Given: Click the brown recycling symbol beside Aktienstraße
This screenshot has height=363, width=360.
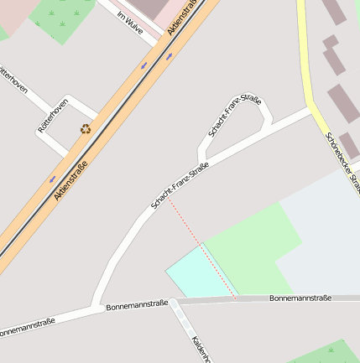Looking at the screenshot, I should coord(85,129).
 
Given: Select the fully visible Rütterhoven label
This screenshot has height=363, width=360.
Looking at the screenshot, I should coord(52,117).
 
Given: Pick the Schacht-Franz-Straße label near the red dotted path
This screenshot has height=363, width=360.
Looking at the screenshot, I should coord(179,186).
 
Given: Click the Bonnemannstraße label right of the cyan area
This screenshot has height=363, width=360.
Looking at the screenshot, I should coord(300,298).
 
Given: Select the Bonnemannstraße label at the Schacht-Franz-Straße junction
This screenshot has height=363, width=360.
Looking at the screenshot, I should coord(137,306).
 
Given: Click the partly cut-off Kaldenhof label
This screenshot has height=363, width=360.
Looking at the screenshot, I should coord(200,349).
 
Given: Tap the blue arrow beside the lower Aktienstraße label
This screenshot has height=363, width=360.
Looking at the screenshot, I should coord(53,179).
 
